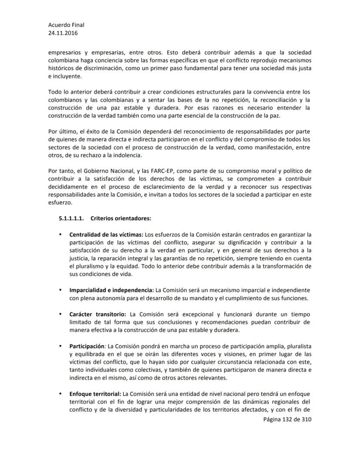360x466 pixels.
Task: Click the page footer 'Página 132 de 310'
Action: tap(287, 420)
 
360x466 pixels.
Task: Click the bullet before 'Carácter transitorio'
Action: tap(60, 314)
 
